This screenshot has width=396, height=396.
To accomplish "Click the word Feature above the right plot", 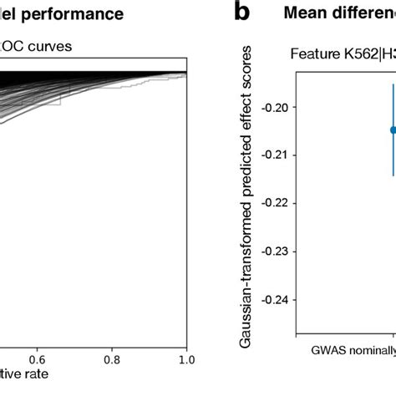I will (313, 55).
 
